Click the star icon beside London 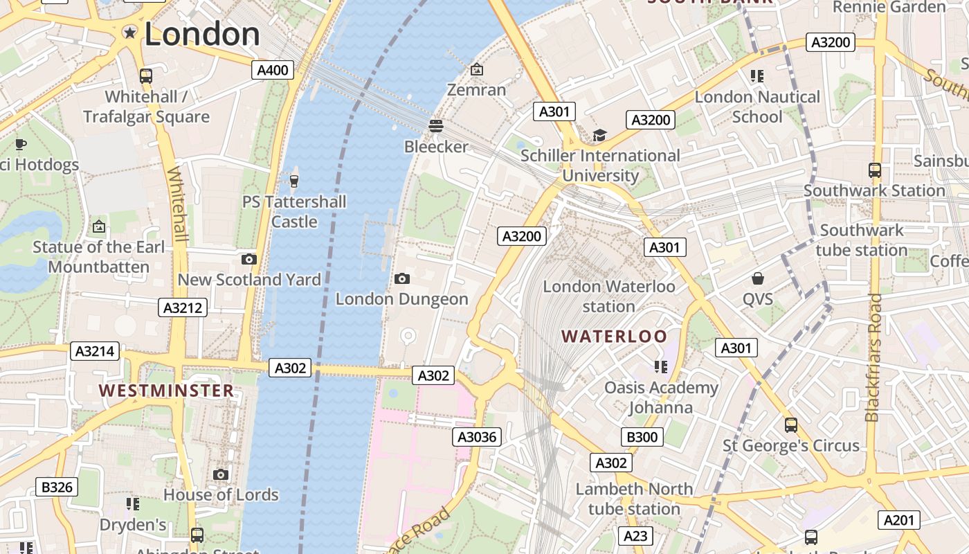(x=129, y=33)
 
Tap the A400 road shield (x=273, y=70)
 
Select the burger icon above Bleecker (x=436, y=126)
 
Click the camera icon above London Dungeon (x=401, y=278)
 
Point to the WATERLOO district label (x=615, y=337)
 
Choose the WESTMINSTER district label (x=166, y=391)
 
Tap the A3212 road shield (x=183, y=307)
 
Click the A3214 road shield (x=95, y=351)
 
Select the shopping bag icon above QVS (x=758, y=278)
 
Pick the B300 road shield (x=642, y=437)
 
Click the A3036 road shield (x=478, y=437)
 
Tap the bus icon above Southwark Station (x=874, y=170)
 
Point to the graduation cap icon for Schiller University (x=599, y=136)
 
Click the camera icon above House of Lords (x=221, y=474)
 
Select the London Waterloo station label (x=608, y=296)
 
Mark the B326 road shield (x=57, y=487)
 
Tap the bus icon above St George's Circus (x=790, y=425)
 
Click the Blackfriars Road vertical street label (x=873, y=357)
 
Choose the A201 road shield (x=900, y=520)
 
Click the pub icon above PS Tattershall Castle (x=294, y=181)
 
